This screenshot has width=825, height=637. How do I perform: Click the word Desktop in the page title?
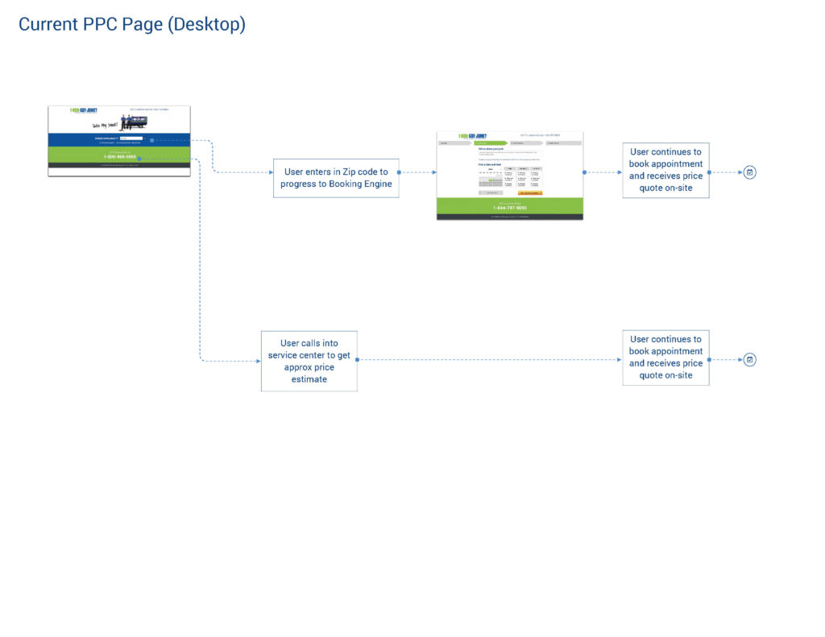[205, 25]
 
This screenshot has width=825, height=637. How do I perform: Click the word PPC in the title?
[99, 25]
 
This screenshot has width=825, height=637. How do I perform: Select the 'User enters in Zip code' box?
[336, 178]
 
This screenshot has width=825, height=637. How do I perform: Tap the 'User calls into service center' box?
[309, 361]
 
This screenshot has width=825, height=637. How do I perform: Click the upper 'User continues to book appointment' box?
[665, 170]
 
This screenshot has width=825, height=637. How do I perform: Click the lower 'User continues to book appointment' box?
[665, 357]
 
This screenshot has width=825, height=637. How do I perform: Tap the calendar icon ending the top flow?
[749, 172]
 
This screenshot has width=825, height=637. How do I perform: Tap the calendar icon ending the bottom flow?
[749, 360]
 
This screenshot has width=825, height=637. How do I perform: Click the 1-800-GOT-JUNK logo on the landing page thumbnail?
[83, 110]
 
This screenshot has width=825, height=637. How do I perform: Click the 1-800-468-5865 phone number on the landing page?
[119, 157]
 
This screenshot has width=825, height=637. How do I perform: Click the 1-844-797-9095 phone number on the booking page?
[509, 208]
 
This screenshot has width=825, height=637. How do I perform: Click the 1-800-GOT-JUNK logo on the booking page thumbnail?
[473, 136]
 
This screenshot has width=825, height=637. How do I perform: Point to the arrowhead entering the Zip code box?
[271, 172]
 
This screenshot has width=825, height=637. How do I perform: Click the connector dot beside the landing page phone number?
[140, 159]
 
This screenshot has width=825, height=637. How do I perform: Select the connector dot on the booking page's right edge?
[584, 172]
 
